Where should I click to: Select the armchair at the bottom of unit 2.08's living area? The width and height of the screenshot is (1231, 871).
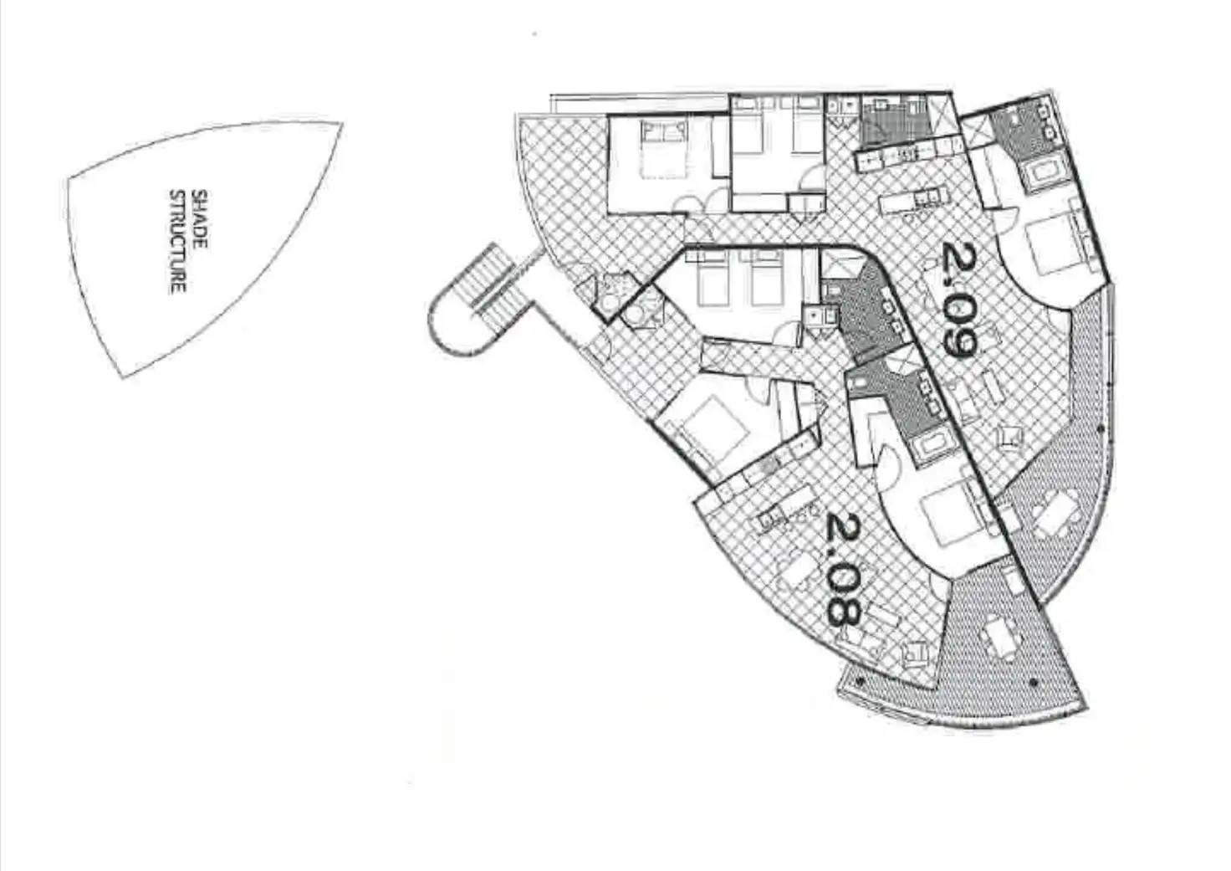pyautogui.click(x=916, y=652)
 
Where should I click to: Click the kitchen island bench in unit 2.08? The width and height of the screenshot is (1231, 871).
pyautogui.click(x=785, y=511)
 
